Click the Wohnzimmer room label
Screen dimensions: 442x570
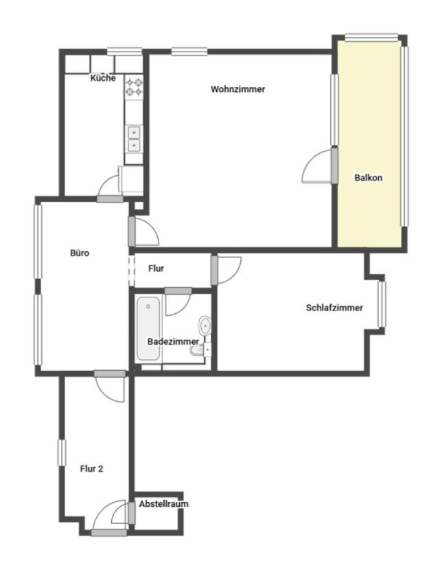tap(238, 89)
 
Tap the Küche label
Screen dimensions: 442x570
tap(103, 78)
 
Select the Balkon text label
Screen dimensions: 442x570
tap(369, 178)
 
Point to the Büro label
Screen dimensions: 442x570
tap(80, 253)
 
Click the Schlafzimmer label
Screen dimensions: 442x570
tap(334, 308)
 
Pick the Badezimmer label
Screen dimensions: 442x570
tap(173, 342)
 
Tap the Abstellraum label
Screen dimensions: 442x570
tap(164, 504)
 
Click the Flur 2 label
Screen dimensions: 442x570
tap(91, 469)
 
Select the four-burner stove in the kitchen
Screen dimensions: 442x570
tap(134, 87)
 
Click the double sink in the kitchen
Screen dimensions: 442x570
tap(134, 139)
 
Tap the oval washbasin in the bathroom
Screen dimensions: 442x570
tap(205, 326)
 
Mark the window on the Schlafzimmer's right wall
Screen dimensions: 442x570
tap(382, 304)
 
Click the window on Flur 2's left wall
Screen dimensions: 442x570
tap(62, 453)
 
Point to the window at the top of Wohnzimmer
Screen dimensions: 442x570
tap(189, 52)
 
